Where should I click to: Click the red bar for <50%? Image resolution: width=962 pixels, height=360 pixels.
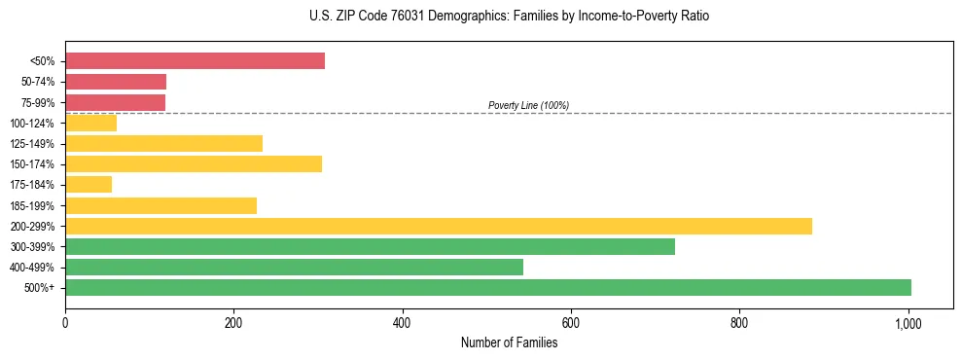coord(195,61)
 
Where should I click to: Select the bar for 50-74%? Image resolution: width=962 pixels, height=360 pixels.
coord(116,82)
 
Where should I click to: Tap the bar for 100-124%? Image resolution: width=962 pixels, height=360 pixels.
coord(90,123)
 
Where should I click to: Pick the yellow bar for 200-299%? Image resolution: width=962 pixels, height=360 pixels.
coord(438,226)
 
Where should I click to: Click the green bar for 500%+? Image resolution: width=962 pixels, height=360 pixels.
coord(487,287)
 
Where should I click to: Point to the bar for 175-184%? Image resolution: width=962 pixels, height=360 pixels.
coord(89,185)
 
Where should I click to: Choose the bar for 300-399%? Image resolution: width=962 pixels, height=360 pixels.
coord(370,246)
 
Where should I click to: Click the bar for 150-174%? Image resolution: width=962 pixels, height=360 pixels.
coord(194,163)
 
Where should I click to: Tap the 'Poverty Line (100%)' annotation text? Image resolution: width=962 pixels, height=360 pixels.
coord(528,105)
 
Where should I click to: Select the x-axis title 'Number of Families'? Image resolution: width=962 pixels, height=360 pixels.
coord(509,342)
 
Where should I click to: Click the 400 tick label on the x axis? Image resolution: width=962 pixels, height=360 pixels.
coord(402,321)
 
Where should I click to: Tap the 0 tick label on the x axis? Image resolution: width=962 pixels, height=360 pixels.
coord(65,321)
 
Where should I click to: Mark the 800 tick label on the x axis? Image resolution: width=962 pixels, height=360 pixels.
coord(739,321)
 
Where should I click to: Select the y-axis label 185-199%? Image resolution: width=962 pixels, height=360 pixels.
coord(33,205)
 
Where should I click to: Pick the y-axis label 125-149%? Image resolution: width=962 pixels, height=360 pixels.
coord(33,143)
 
